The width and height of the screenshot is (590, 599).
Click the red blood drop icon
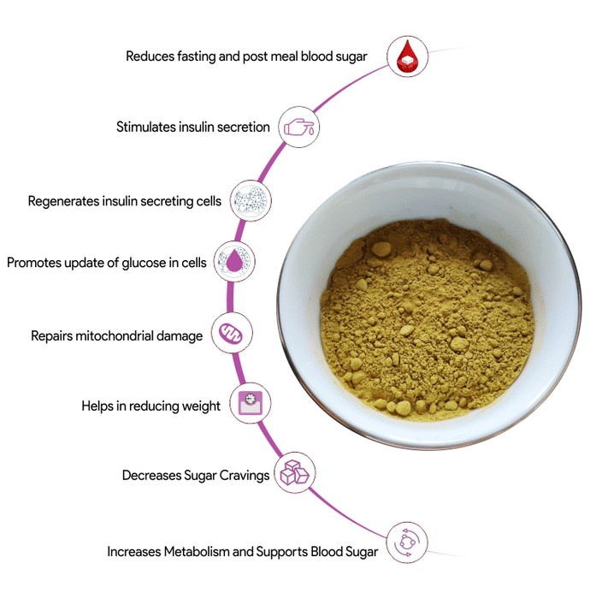point(407,56)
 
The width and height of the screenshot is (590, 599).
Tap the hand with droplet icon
point(299,127)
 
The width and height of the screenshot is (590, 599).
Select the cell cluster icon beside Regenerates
point(251,200)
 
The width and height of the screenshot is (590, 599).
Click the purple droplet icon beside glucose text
point(234,262)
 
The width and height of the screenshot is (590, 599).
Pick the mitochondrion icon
point(232,333)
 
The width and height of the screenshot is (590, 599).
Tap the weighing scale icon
point(251,403)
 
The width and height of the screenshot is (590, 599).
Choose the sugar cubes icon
point(295,472)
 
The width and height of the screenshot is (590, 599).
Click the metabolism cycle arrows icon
point(407,543)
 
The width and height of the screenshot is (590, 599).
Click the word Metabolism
point(196,552)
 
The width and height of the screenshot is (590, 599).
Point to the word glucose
point(144,263)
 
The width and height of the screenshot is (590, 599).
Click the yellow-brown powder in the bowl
point(427,319)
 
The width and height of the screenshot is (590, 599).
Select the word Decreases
point(151,476)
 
